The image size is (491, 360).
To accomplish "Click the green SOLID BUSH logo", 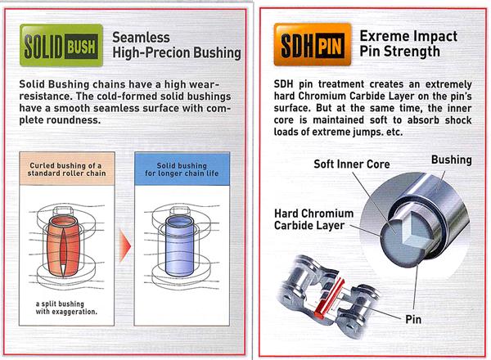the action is pos(61,45).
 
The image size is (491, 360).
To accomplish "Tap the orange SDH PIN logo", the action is pos(313,45).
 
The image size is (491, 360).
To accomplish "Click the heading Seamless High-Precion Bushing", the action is pos(177,45).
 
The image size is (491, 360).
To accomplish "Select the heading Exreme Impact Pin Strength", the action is pos(408,43).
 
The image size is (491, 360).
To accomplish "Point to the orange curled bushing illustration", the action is pos(63,246).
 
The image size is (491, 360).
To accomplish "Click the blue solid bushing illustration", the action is pos(178,246).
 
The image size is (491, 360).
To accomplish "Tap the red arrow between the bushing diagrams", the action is pos(125,245).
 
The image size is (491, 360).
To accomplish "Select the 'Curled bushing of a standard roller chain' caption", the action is pos(67,169).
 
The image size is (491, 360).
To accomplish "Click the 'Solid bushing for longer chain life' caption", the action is pos(182,169).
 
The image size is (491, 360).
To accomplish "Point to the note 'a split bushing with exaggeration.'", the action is pos(66,308).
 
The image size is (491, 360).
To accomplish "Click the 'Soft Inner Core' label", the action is pos(352,164).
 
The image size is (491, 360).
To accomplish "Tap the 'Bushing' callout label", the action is pos(452,160).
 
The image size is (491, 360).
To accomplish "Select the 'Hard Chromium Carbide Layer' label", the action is pos(313,219).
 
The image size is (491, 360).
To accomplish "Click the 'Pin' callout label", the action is pos(413,320).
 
